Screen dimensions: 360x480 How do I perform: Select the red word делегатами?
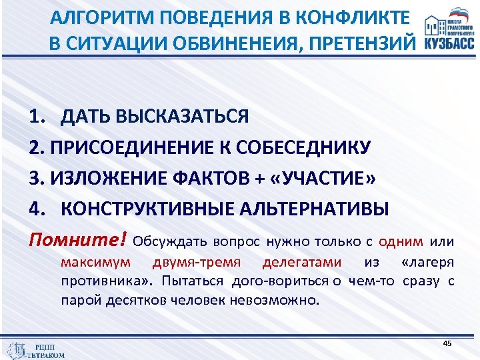(x=302, y=261)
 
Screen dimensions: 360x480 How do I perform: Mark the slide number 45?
(x=447, y=343)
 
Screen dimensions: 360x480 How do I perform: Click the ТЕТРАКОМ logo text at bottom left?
(x=47, y=355)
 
